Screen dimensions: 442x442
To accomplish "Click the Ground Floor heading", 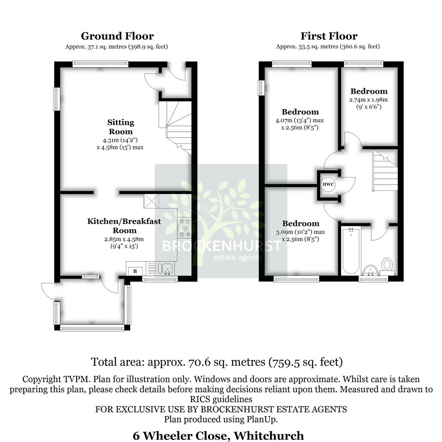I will click(x=117, y=36).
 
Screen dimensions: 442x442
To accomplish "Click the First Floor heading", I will click(x=329, y=36).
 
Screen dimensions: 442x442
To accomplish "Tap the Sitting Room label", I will click(x=120, y=127).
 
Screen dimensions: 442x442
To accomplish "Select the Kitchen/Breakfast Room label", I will click(x=124, y=226).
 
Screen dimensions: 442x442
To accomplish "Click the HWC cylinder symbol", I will click(x=328, y=184).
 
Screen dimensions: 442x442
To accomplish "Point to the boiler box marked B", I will click(x=135, y=271).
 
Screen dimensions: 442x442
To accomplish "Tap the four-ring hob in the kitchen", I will click(x=185, y=228).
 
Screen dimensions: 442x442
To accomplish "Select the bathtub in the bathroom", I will click(x=351, y=251).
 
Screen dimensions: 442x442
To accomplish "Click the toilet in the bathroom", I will click(x=387, y=265).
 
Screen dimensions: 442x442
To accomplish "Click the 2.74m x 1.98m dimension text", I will click(x=368, y=100).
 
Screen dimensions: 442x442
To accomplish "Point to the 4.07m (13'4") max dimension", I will click(x=300, y=120).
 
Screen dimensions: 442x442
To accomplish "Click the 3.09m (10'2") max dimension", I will click(x=300, y=232).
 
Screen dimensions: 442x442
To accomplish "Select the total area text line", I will click(x=216, y=362).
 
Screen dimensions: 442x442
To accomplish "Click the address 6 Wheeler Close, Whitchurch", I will click(x=218, y=435).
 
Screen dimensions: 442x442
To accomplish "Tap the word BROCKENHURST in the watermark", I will click(x=221, y=246).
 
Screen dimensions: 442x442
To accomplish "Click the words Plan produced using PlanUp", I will click(x=221, y=419).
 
